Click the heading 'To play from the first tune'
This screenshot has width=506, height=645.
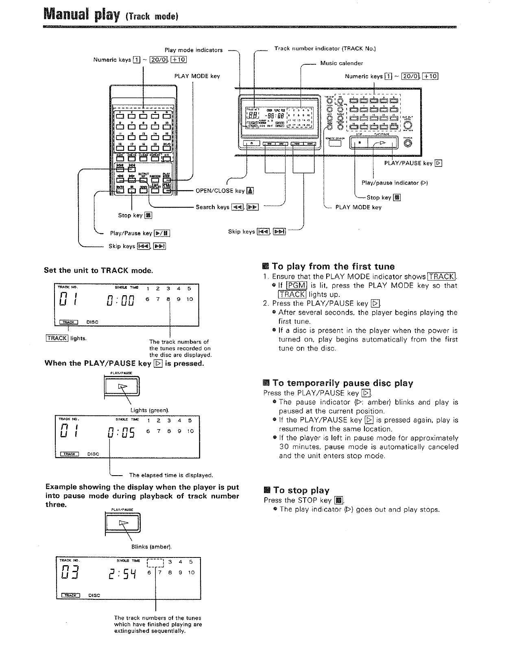[333, 267]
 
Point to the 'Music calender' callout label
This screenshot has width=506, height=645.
[341, 63]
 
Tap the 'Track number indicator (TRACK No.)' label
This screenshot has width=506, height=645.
[325, 48]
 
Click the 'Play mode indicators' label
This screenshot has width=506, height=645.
[194, 50]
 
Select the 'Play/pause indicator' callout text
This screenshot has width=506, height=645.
[394, 183]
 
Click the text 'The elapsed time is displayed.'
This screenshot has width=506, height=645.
[171, 475]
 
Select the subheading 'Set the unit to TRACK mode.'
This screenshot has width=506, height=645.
[98, 270]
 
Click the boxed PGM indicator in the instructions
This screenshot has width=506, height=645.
[297, 285]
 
